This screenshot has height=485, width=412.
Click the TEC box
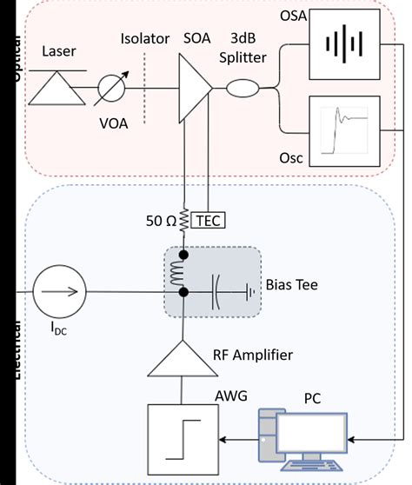[x=209, y=220]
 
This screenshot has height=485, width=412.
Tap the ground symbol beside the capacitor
[x=251, y=292]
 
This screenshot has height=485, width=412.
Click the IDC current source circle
[x=60, y=292]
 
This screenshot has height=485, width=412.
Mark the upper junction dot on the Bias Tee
[x=184, y=256]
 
